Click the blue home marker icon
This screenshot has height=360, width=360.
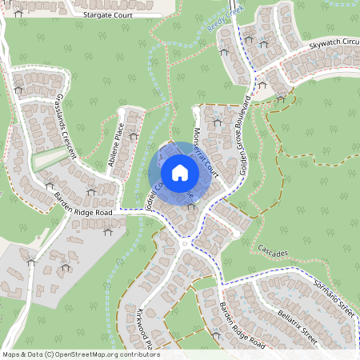click(180, 173)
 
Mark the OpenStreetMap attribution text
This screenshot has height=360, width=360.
click(81, 354)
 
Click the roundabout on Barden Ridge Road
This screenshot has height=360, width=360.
click(185, 242)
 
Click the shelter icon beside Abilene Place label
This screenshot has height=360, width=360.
click(133, 136)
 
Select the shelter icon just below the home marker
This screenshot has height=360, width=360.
click(190, 206)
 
